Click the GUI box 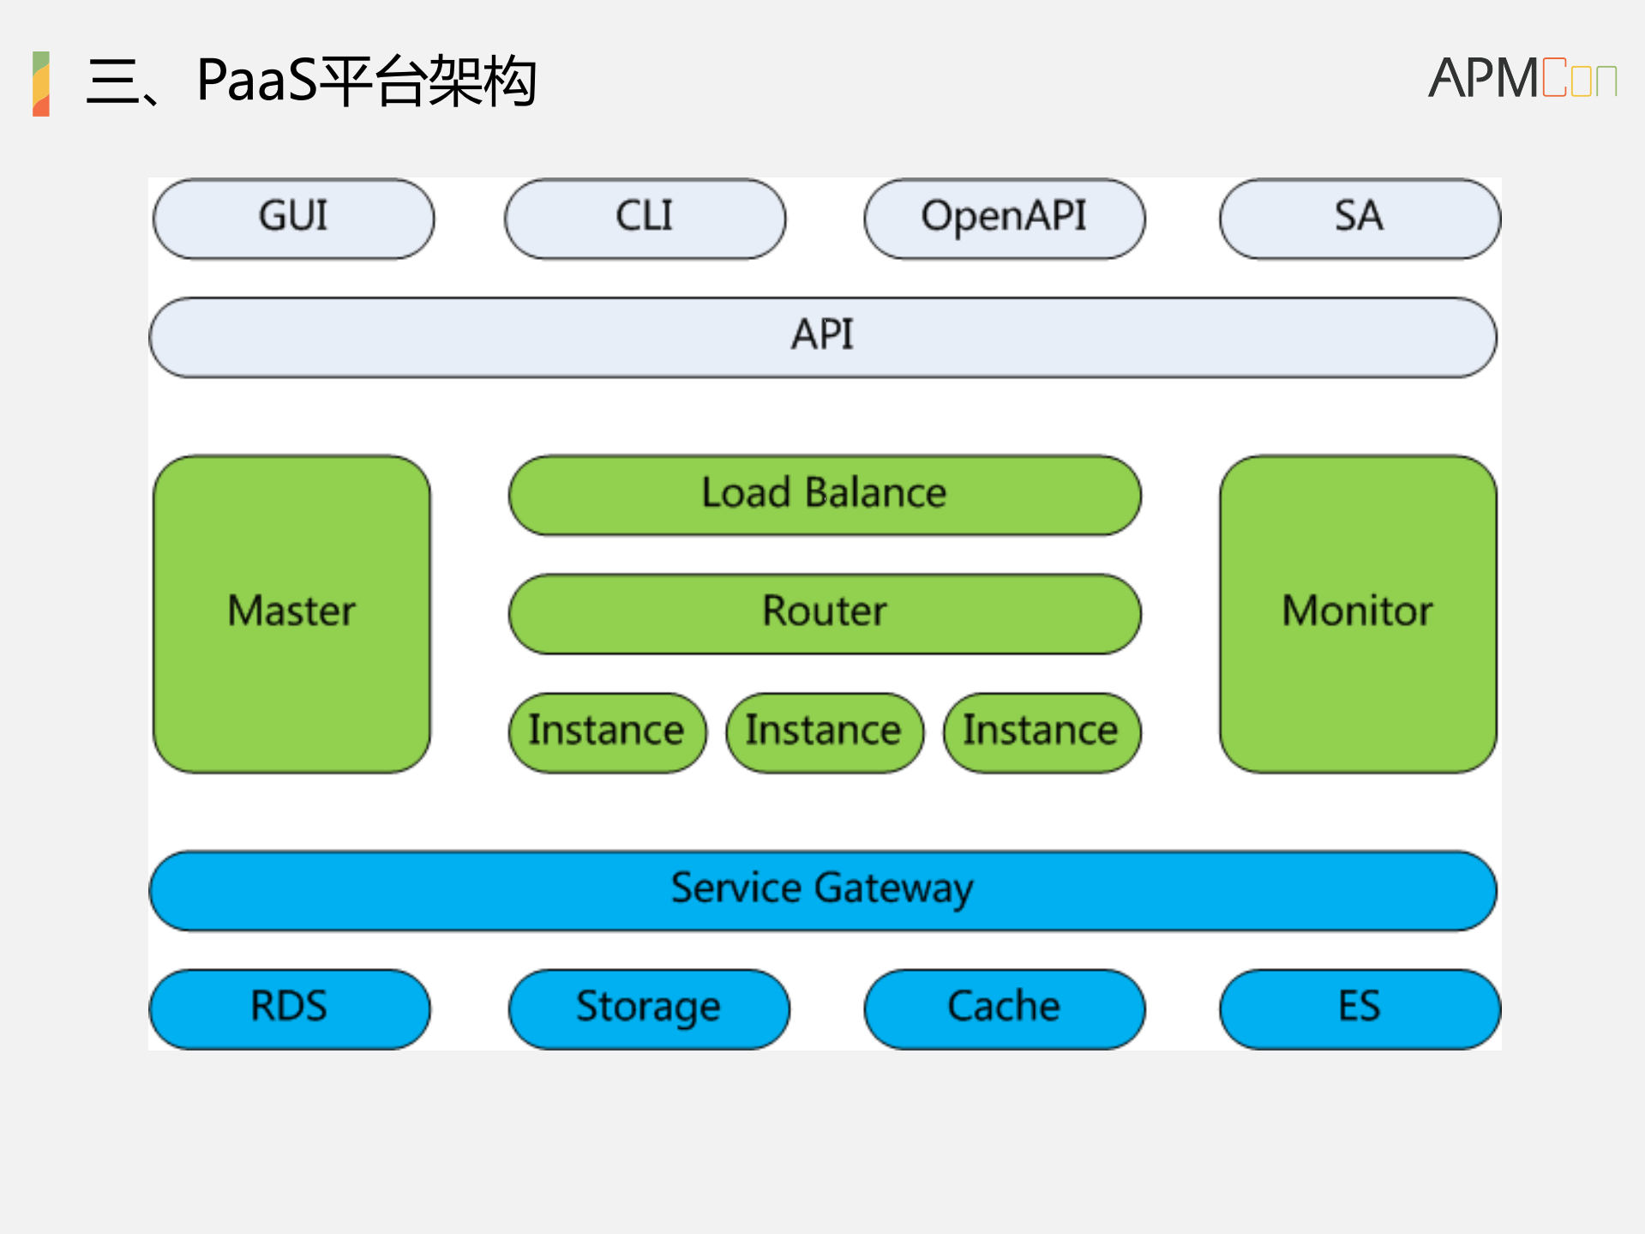coord(293,218)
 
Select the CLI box coord(645,218)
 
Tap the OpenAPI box coord(1004,218)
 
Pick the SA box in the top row coord(1360,218)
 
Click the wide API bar coord(822,336)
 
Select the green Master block coord(291,613)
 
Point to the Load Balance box coord(824,495)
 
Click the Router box coord(824,613)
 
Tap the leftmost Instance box coord(607,732)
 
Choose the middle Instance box coord(824,732)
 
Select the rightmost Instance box coord(1042,732)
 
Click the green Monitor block coord(1358,613)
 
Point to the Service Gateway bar coord(822,890)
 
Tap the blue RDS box coord(289,1008)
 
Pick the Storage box coord(648,1008)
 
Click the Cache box coord(1004,1008)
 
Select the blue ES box coord(1360,1008)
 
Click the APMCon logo coord(1522,79)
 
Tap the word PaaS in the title coord(256,81)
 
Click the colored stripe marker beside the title coord(40,83)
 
